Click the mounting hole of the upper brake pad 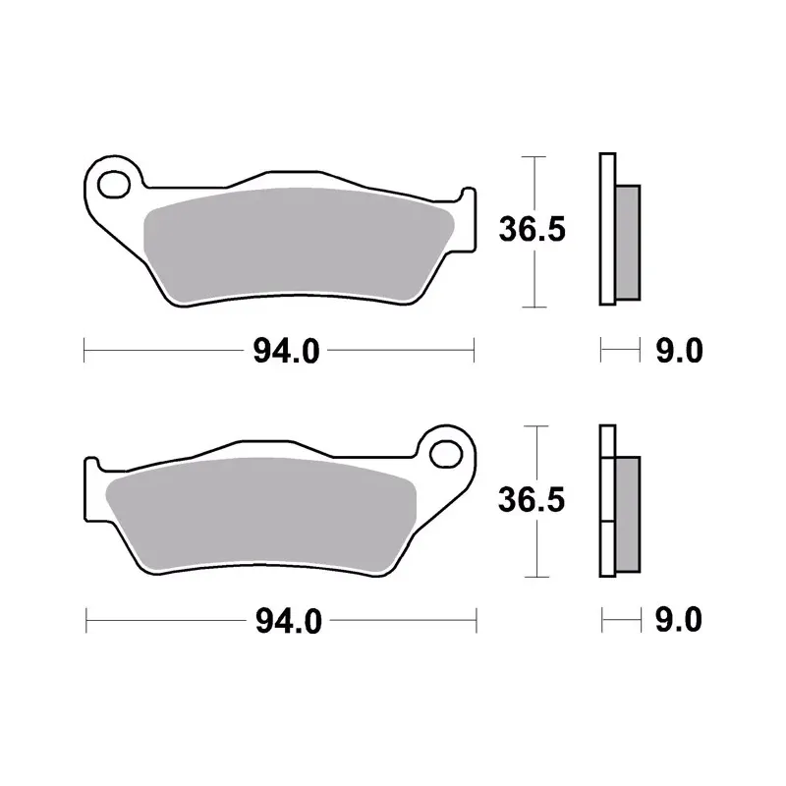[113, 185]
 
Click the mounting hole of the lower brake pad [446, 455]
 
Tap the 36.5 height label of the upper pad [533, 230]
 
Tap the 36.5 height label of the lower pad [532, 500]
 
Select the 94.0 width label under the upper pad [286, 351]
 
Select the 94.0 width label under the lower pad [289, 621]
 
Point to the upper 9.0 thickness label [679, 350]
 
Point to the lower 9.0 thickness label [678, 620]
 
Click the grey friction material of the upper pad [299, 246]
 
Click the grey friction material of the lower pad [260, 515]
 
